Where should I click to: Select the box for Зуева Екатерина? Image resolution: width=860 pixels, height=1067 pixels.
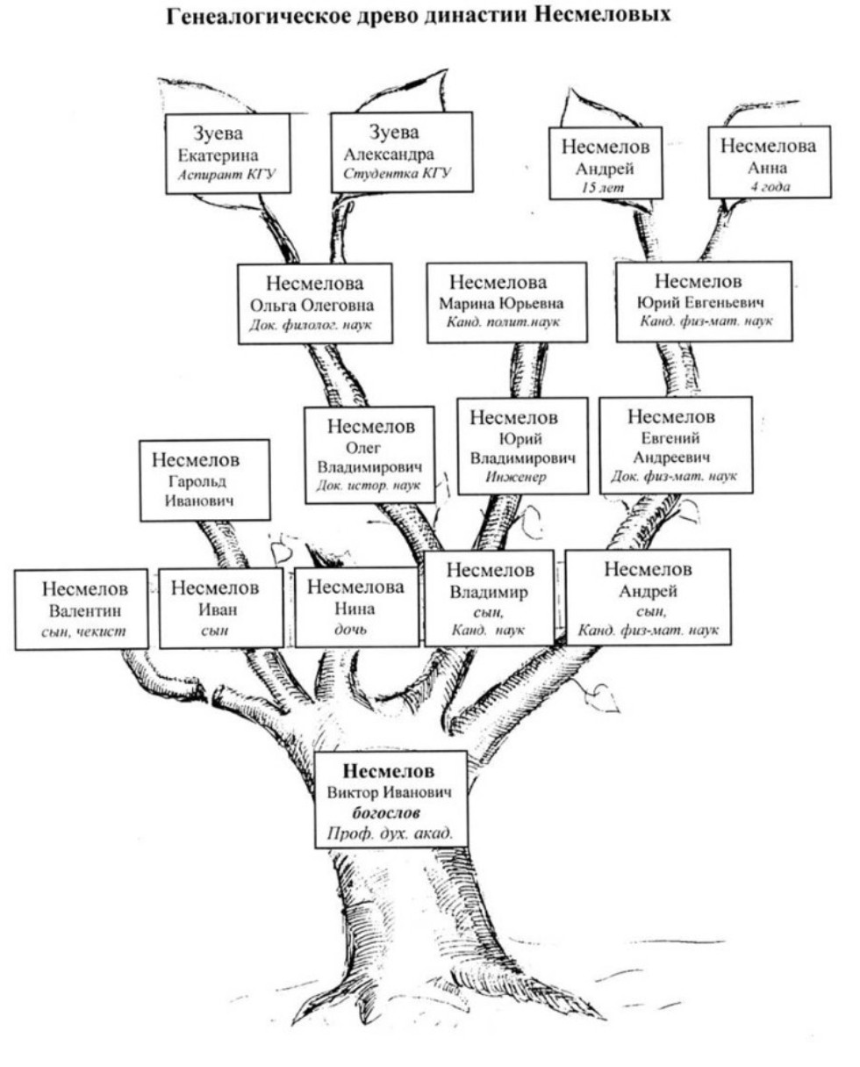click(x=227, y=154)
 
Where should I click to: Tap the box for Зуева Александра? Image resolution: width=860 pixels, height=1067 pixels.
click(x=401, y=151)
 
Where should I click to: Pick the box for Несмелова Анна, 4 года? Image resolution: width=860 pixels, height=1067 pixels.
click(x=768, y=164)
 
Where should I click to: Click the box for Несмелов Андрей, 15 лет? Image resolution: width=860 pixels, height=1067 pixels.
click(x=605, y=163)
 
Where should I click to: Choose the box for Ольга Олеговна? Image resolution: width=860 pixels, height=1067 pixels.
click(x=314, y=303)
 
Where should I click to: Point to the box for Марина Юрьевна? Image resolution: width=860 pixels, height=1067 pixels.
click(x=506, y=303)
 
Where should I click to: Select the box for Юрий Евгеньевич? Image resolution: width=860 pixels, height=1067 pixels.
click(x=703, y=300)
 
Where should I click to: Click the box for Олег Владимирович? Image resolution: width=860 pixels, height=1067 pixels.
click(x=369, y=454)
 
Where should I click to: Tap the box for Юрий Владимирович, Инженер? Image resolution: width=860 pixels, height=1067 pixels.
click(x=522, y=445)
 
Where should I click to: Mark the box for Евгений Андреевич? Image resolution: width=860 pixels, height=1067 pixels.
click(x=675, y=444)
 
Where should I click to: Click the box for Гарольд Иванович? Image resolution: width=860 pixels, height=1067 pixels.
click(x=204, y=479)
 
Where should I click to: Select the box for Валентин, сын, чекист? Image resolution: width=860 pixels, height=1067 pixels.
click(x=82, y=609)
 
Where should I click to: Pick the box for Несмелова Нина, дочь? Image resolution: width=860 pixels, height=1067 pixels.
click(x=355, y=607)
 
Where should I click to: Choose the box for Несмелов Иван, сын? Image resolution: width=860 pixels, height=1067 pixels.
click(x=220, y=608)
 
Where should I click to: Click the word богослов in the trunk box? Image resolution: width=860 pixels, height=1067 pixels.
click(x=390, y=813)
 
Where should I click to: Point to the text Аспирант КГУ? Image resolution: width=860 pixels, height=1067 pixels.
click(x=226, y=174)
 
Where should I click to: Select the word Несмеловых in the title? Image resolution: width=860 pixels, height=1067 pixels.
click(x=606, y=17)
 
